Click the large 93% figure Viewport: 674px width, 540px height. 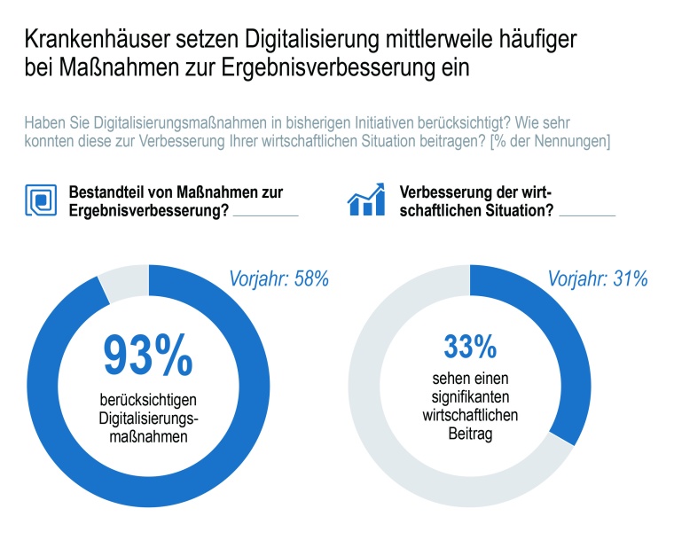(x=148, y=355)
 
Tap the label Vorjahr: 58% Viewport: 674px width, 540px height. (x=279, y=279)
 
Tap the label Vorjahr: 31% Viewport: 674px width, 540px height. (x=597, y=279)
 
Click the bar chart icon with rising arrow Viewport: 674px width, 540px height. (x=365, y=200)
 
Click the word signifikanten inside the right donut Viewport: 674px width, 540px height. (x=467, y=400)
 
